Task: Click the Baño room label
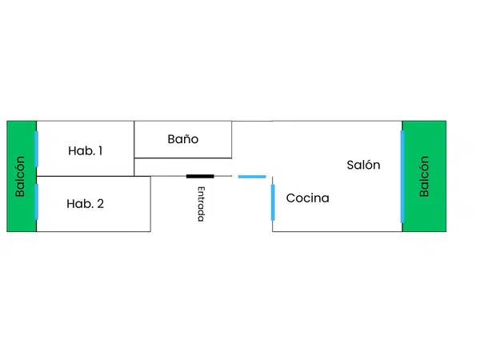183,139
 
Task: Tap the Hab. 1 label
85,150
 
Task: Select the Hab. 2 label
85,203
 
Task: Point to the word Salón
363,165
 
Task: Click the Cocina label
308,198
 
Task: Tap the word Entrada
201,204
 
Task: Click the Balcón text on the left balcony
19,176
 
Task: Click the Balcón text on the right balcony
424,176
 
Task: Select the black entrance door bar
200,176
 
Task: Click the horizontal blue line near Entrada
252,177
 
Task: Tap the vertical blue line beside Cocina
273,202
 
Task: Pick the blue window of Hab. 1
37,149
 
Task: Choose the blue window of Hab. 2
37,202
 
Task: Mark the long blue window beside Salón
402,177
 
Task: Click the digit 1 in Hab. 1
100,150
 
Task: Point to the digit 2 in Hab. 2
101,204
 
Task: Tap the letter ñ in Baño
187,140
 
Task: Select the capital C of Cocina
290,198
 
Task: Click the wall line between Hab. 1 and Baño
134,149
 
